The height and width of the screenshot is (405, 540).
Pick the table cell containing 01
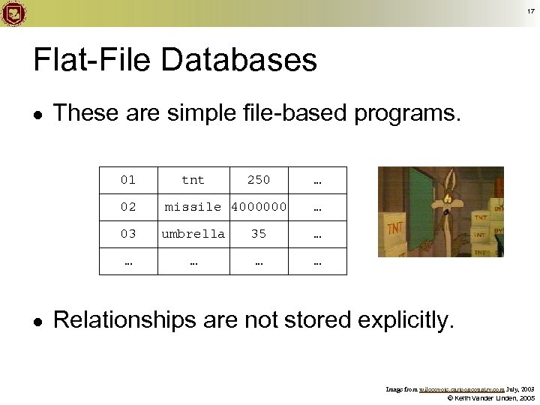(x=128, y=180)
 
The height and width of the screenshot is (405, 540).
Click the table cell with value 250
(x=259, y=180)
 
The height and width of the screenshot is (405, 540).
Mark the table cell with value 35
(x=259, y=234)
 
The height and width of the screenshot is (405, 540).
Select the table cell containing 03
(x=128, y=234)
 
